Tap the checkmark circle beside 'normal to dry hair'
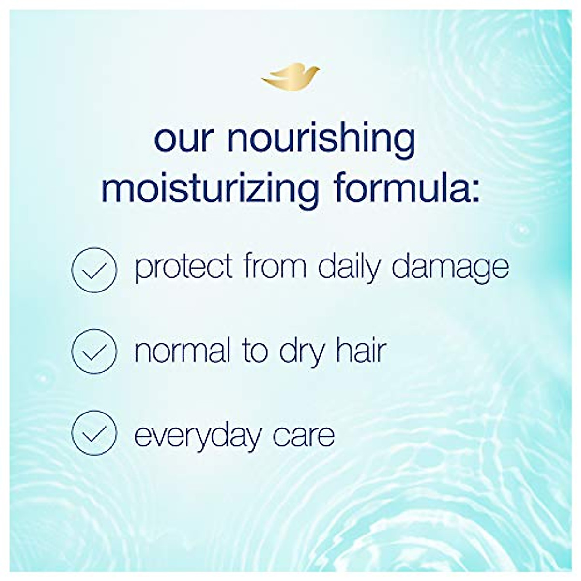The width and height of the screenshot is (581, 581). pos(94,351)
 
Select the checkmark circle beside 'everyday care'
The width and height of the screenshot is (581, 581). pos(94,433)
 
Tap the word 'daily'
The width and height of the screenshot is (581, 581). pos(349,267)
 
